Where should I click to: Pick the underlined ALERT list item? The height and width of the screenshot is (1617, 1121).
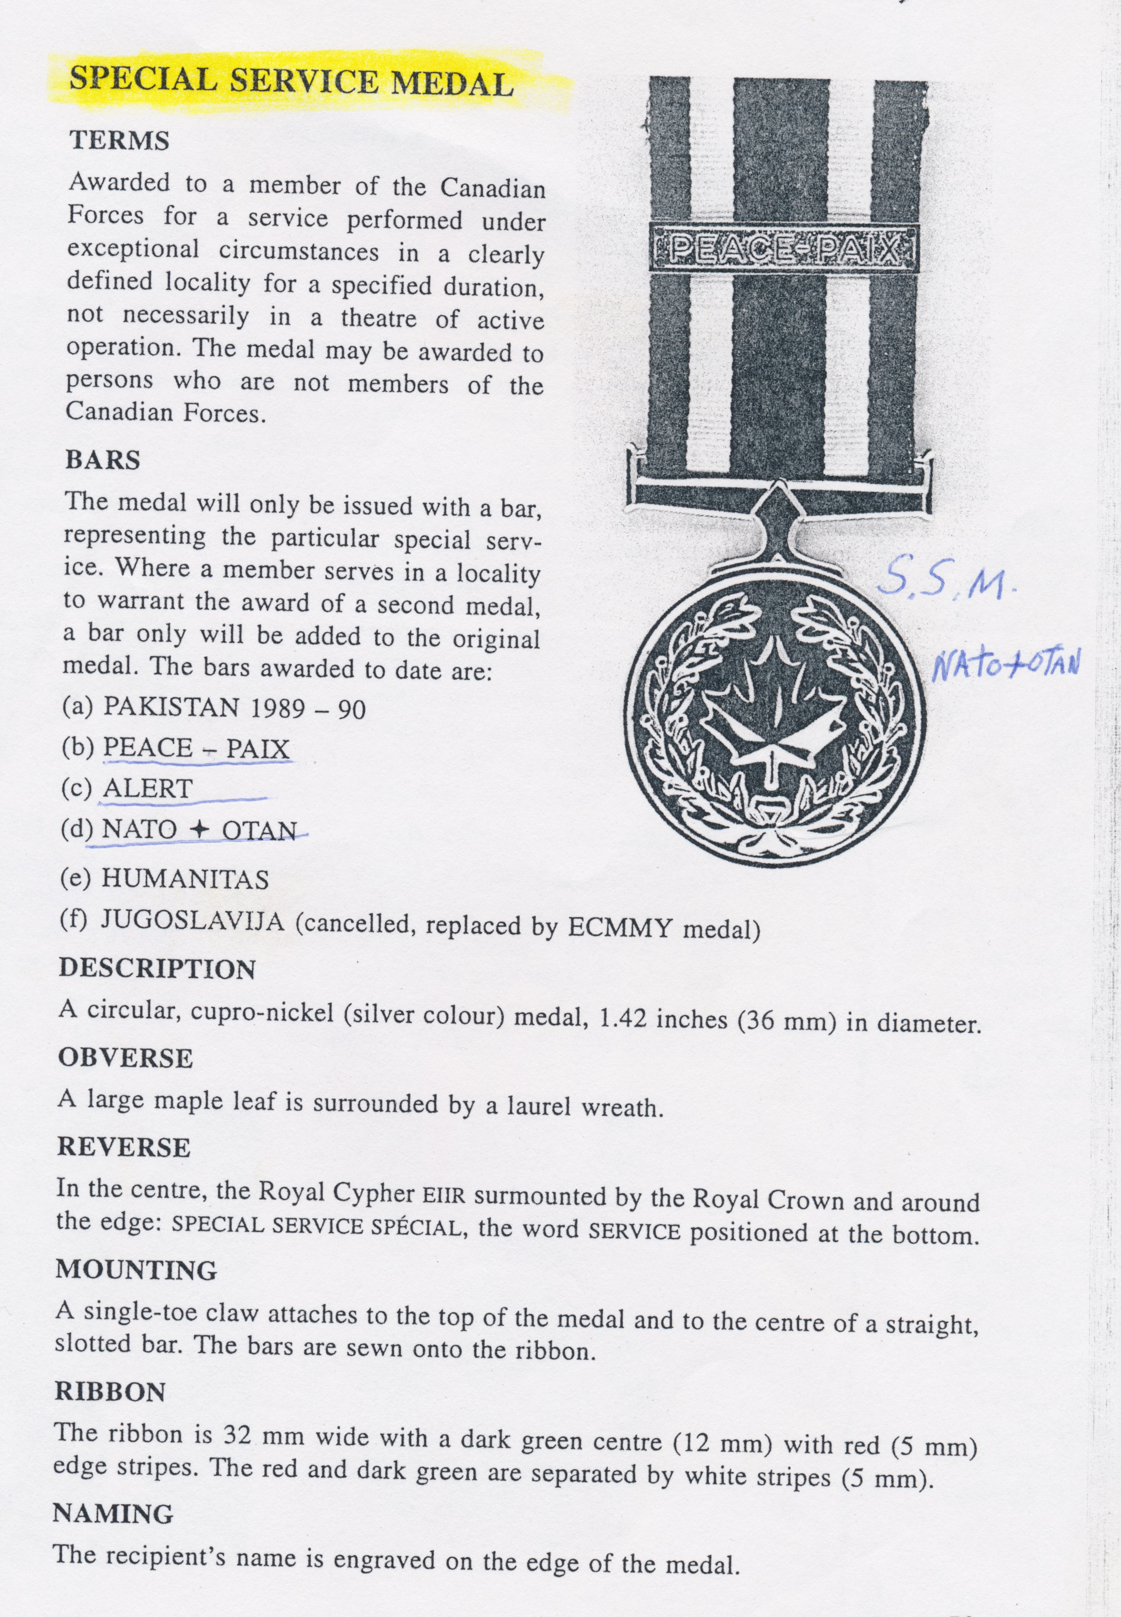coord(148,789)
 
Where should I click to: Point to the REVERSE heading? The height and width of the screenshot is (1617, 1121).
coord(124,1147)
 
